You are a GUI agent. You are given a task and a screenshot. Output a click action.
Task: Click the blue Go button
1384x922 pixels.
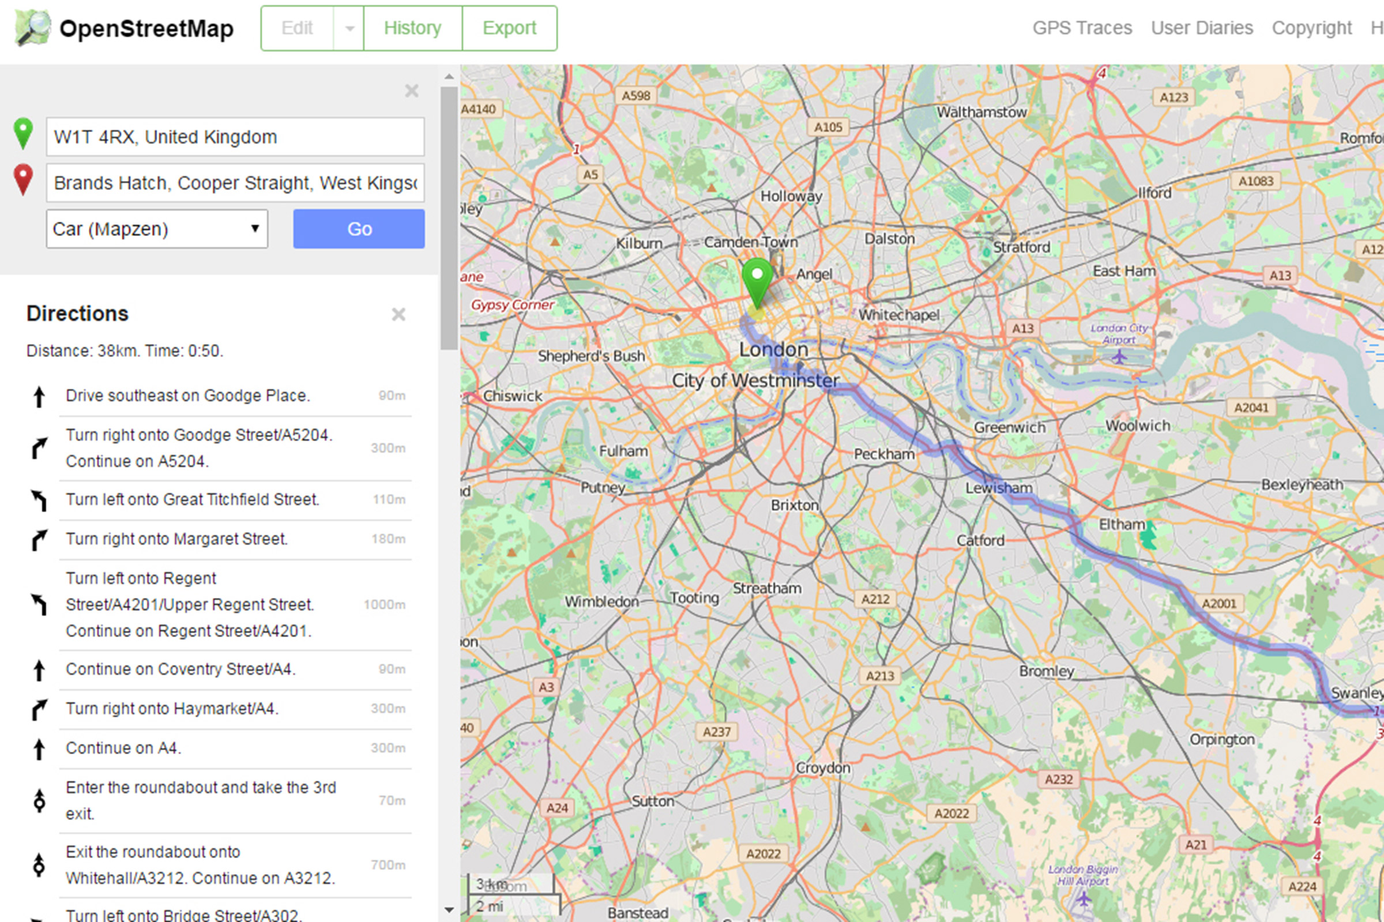[x=359, y=229]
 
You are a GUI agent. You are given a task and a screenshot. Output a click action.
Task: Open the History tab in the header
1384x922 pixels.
[x=412, y=28]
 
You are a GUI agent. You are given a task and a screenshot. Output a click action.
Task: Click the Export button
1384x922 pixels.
[x=509, y=28]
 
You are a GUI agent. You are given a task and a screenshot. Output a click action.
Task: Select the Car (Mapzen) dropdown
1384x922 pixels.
[x=157, y=229]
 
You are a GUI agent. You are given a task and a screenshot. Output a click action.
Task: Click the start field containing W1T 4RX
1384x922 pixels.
[x=235, y=137]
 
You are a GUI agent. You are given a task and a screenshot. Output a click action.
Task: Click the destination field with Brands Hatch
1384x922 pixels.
[x=235, y=183]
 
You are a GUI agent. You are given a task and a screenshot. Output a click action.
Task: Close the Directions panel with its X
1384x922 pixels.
[x=398, y=315]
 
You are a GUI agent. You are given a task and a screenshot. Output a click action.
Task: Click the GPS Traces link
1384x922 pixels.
[x=1082, y=28]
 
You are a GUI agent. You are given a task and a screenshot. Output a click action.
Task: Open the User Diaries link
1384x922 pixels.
[x=1202, y=28]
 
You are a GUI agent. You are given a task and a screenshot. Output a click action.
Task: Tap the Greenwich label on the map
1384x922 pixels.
[x=1010, y=427]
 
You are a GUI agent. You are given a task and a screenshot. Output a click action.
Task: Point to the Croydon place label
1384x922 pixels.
[x=822, y=768]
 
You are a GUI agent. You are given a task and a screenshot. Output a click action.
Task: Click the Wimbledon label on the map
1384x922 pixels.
[x=601, y=601]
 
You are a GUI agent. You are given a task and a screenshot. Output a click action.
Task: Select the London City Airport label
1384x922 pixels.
[x=1118, y=334]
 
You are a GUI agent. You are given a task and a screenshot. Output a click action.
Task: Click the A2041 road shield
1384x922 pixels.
[x=1251, y=408]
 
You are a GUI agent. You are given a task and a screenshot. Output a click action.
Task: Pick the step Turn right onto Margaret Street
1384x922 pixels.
[x=176, y=539]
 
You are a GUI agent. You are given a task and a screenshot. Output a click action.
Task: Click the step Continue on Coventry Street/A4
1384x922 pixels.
[x=180, y=669]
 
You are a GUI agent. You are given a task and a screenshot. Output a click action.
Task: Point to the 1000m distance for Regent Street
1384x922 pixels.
[x=384, y=604]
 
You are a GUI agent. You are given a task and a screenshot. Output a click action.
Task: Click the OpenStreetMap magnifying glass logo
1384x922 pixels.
[x=33, y=28]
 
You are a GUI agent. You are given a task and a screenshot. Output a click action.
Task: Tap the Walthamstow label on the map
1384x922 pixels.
[x=981, y=112]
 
